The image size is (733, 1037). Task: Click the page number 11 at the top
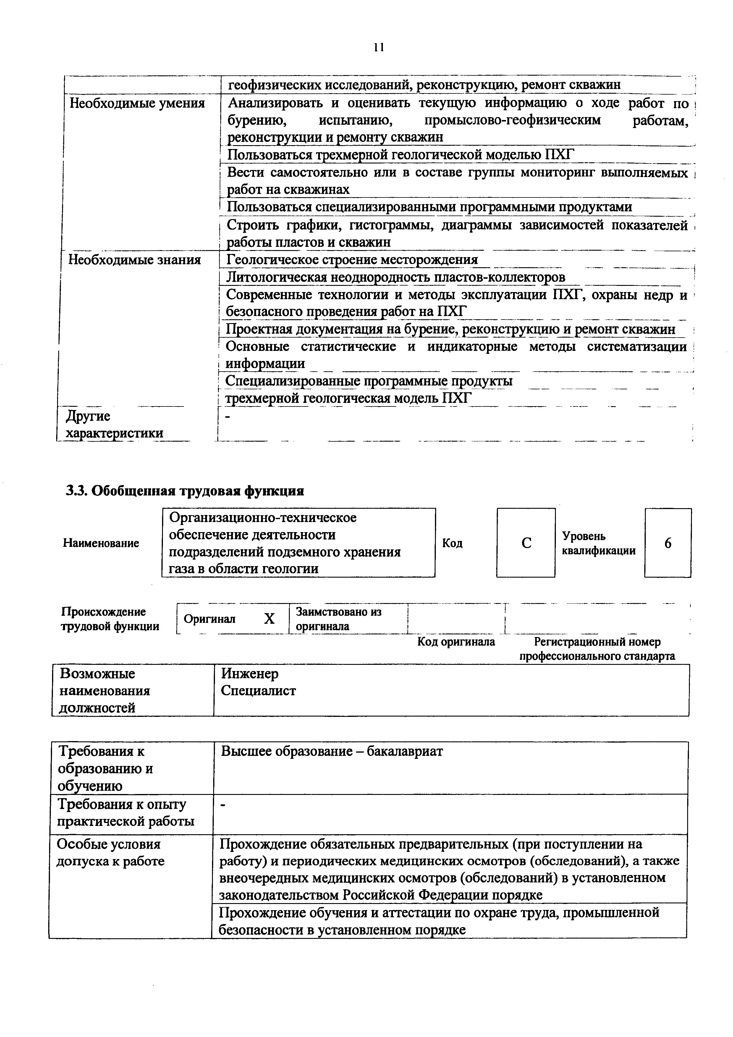pos(378,47)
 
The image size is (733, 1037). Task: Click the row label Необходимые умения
pos(137,103)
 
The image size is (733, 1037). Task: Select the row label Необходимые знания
pos(134,260)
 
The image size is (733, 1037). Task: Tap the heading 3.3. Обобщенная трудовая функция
pos(185,491)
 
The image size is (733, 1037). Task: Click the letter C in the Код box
pos(526,543)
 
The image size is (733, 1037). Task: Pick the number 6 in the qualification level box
pos(668,543)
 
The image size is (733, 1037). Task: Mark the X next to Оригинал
pos(269,619)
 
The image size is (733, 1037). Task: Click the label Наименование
pos(101,543)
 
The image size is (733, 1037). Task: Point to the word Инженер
pos(250,674)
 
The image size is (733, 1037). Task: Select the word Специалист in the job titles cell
pos(258,691)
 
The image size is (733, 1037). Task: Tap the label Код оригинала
pos(456,642)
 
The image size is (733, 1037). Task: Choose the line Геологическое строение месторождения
pos(352,260)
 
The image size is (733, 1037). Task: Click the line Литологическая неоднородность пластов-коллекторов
pos(395,277)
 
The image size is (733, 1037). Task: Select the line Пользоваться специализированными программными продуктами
pos(429,207)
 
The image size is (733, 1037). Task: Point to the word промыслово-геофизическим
pos(513,120)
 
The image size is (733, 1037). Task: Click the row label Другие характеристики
pos(115,424)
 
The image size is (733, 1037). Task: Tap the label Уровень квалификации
pos(598,543)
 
